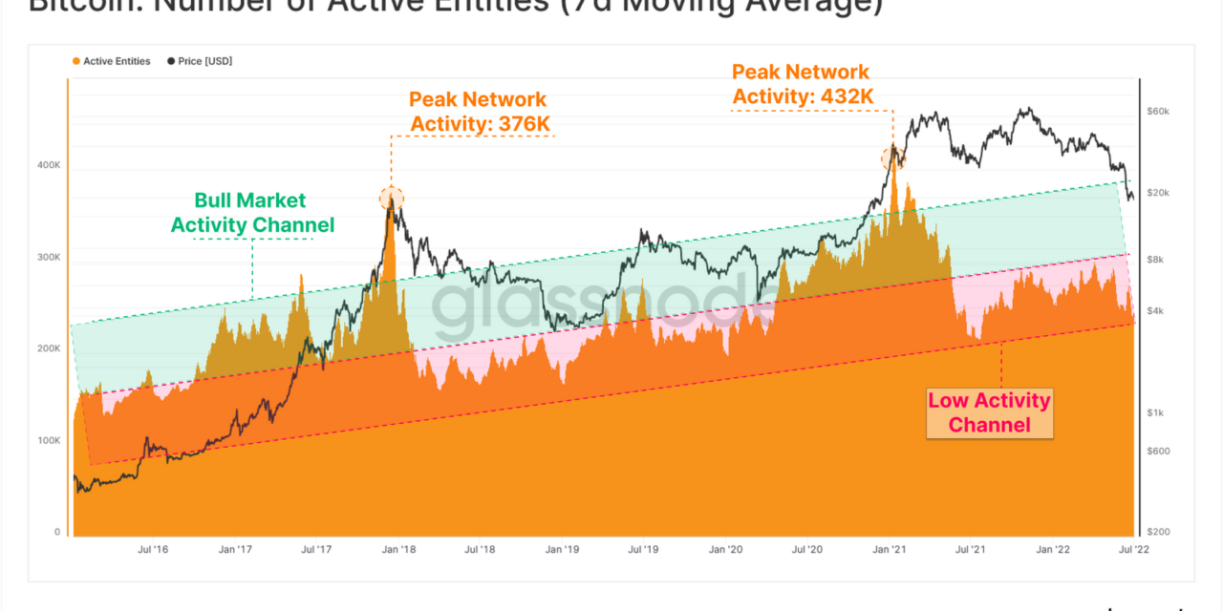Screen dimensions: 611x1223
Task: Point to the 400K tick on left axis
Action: (50, 165)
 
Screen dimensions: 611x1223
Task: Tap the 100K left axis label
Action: (50, 441)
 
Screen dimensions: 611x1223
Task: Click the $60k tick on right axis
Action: (1158, 112)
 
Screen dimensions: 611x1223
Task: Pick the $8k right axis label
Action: (1156, 260)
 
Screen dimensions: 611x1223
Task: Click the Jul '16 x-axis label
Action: (154, 550)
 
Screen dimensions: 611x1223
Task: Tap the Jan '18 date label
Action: (398, 550)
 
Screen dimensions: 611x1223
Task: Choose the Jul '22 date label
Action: (1135, 550)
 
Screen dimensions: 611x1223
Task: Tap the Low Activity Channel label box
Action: (989, 412)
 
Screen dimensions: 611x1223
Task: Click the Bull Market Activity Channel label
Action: (252, 213)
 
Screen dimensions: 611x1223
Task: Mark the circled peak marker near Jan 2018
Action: (392, 199)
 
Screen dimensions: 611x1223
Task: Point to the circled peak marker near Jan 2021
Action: (893, 158)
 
